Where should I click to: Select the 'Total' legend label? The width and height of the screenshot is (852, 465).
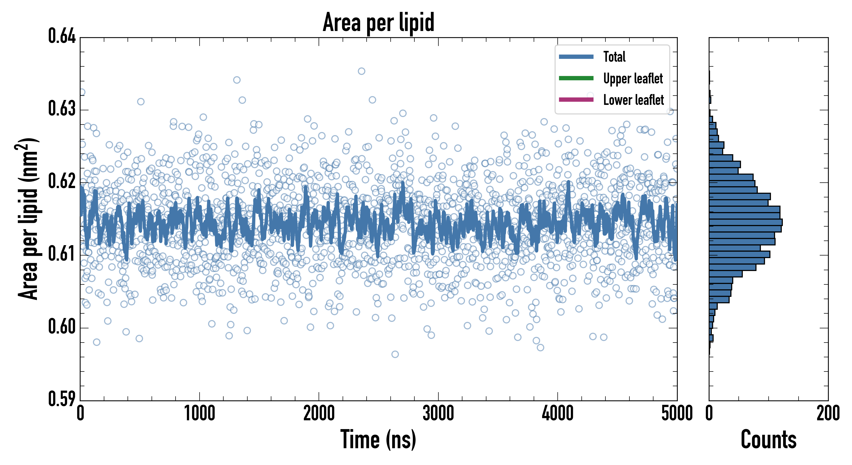[614, 57]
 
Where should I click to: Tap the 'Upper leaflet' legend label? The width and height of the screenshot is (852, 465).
[633, 79]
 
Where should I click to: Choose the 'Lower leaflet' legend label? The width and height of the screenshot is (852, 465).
[633, 100]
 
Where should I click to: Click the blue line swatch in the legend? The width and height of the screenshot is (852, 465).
[576, 57]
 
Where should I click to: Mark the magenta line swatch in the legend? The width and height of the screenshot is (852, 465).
[576, 100]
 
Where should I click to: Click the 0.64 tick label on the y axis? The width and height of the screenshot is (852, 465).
[62, 36]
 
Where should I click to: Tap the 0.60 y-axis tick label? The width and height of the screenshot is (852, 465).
[62, 327]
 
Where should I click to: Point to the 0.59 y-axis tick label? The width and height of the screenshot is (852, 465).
[62, 399]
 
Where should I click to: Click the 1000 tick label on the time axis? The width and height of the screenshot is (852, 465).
[199, 414]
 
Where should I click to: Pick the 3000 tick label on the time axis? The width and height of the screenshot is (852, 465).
[438, 414]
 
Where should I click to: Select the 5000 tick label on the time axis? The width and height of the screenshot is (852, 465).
[677, 414]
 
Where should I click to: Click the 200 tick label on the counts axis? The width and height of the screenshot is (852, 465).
[828, 414]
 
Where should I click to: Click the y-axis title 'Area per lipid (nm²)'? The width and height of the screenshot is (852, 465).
[28, 219]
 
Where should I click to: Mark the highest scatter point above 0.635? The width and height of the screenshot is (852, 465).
[361, 71]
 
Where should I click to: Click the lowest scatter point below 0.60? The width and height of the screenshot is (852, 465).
[395, 354]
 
